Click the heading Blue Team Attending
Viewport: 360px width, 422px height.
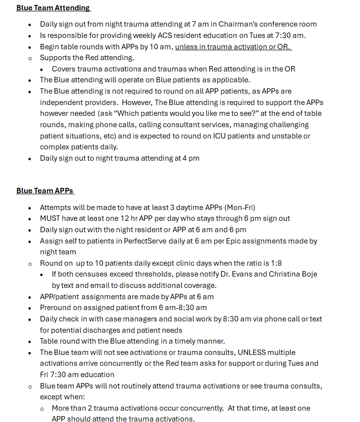pos(53,8)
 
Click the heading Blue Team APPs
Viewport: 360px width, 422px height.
pos(45,191)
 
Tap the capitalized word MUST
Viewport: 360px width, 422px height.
pos(50,218)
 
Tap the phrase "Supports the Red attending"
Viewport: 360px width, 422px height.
pos(87,58)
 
